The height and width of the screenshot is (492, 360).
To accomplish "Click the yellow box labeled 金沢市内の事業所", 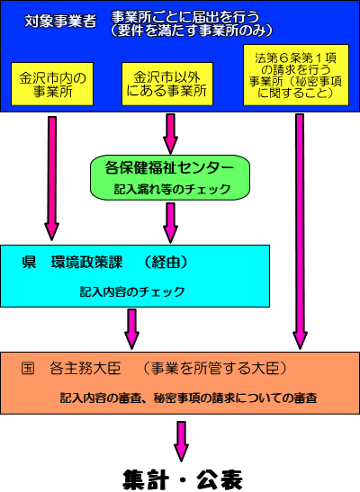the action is (x=52, y=84).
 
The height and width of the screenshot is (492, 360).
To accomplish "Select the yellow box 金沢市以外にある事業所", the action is (x=167, y=84).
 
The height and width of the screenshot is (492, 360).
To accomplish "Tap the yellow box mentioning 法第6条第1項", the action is (x=296, y=75).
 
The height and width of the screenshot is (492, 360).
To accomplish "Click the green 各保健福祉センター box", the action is (x=170, y=177).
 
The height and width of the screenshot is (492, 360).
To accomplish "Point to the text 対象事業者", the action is (x=60, y=22).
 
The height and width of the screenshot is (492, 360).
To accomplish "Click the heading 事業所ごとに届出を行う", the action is (x=185, y=17).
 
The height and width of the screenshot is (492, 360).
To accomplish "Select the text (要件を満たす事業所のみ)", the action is (x=192, y=31).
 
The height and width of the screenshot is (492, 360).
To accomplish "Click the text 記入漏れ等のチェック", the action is (x=172, y=189).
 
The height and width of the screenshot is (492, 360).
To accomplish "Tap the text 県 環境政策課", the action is (x=72, y=263).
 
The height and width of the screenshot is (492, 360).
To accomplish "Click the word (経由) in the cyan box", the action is (x=166, y=263).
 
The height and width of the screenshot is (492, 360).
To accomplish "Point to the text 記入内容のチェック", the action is (x=132, y=291).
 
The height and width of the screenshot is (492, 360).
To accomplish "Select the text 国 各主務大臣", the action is (x=71, y=369).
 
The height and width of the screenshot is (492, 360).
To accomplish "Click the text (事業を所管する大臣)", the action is (x=215, y=369).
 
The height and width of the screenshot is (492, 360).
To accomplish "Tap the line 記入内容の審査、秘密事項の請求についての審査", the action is (x=189, y=398).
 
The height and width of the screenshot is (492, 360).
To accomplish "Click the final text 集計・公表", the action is (x=183, y=479).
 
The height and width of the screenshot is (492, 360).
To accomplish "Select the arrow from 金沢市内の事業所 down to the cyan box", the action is (x=52, y=178).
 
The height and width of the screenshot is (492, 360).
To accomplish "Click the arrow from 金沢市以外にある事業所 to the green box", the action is (x=170, y=134).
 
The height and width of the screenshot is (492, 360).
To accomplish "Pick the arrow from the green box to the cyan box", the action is (x=170, y=223).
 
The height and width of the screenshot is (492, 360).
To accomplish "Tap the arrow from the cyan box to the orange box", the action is (x=131, y=329).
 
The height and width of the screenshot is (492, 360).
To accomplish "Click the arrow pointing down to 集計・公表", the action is (x=182, y=442).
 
